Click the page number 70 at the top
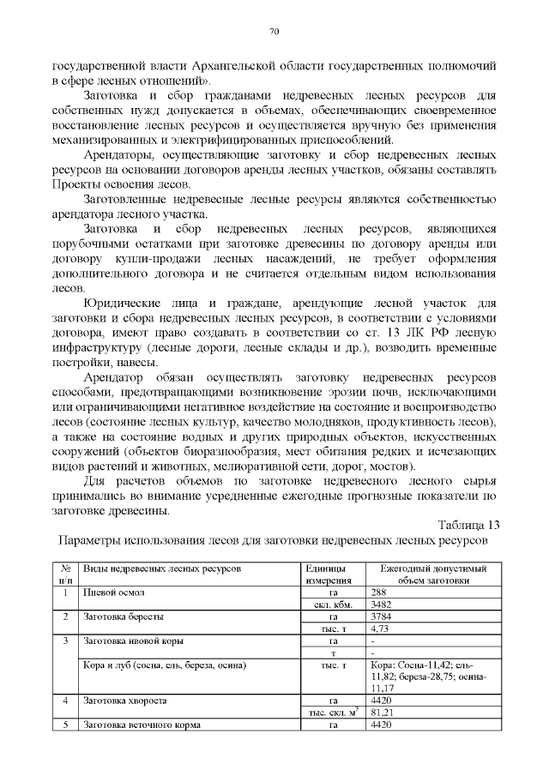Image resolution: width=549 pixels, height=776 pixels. (274, 32)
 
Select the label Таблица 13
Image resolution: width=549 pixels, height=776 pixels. (468, 525)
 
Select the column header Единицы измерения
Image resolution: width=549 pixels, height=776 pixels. (325, 574)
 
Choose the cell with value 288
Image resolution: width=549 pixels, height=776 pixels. (378, 592)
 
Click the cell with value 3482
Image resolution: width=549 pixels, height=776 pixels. (381, 604)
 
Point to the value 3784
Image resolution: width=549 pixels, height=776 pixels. (381, 617)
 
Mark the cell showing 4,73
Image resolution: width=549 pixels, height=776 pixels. (380, 629)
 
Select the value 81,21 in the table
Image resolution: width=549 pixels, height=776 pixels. (382, 712)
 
